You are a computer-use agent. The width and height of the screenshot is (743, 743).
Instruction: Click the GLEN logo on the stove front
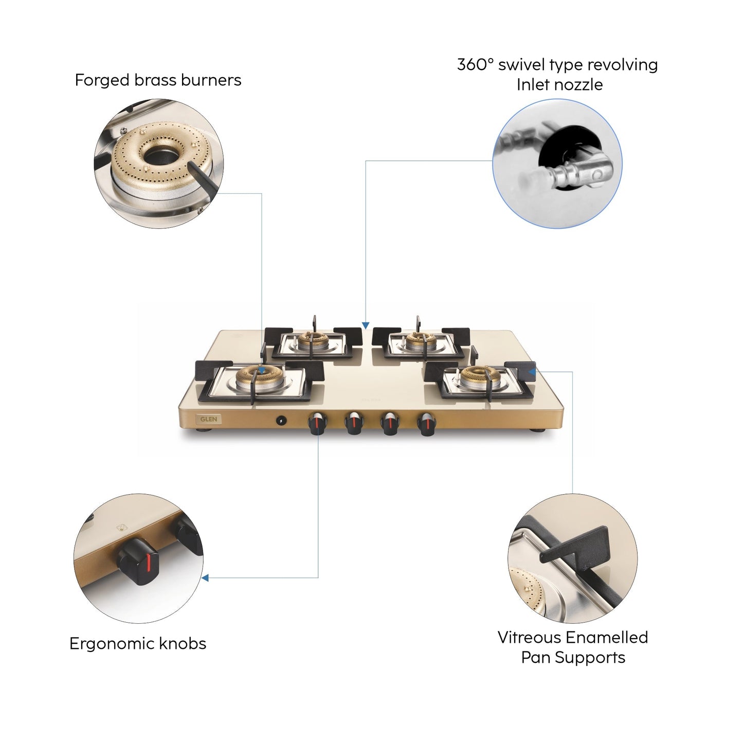click(x=208, y=419)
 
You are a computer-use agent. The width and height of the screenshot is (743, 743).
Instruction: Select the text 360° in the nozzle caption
click(x=475, y=65)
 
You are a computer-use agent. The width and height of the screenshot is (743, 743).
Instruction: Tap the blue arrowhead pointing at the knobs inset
click(x=205, y=578)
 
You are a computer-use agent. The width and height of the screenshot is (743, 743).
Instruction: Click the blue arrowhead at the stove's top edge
click(x=366, y=325)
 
